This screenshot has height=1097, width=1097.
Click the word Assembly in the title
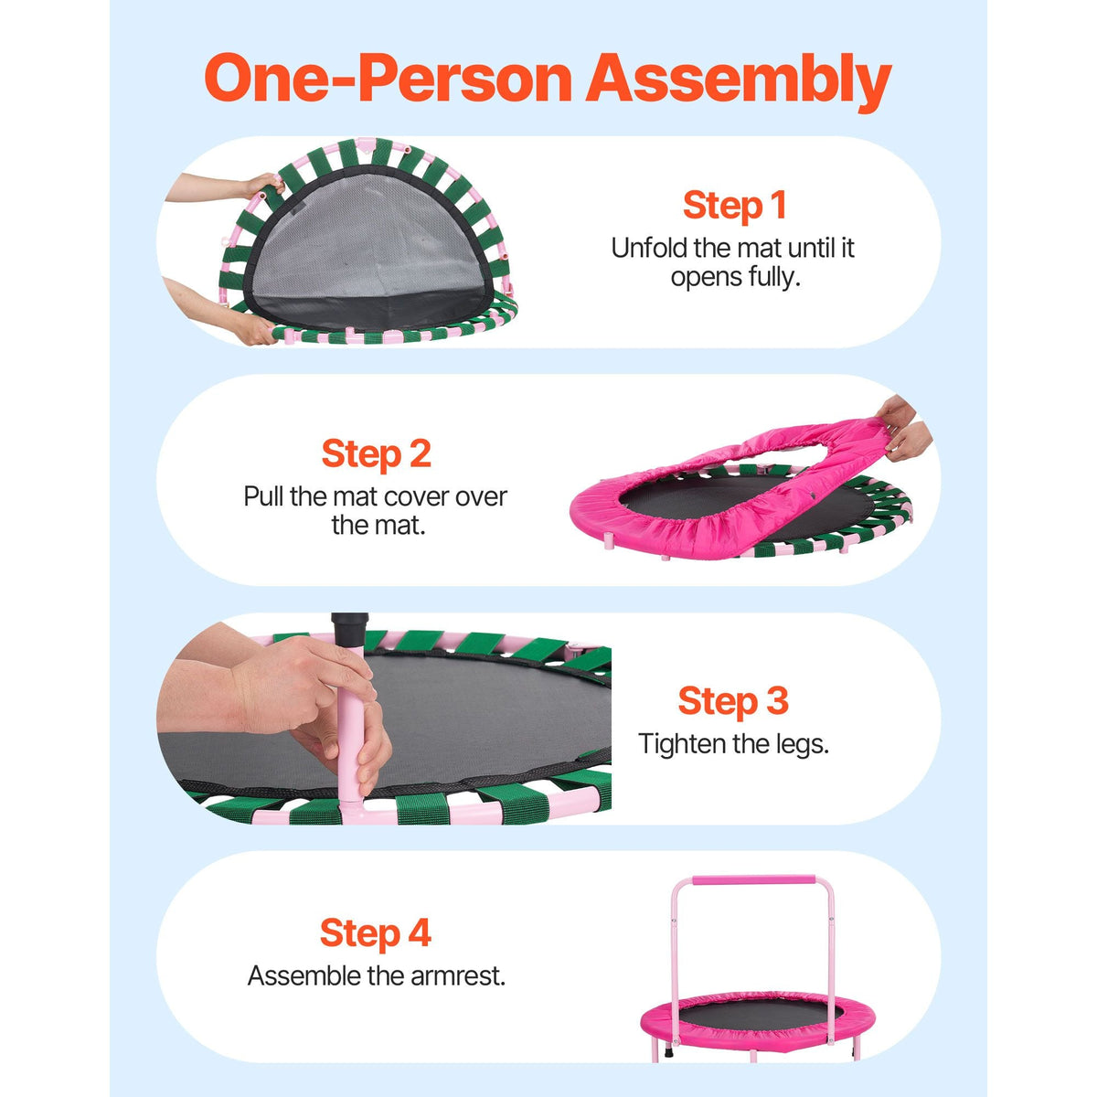coord(739,82)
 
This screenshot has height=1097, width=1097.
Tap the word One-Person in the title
coord(389,78)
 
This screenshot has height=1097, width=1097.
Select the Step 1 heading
coord(734,205)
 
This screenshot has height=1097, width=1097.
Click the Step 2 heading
coord(377,454)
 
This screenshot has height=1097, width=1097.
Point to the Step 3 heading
coord(733,700)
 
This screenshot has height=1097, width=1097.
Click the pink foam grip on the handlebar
coord(753,880)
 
